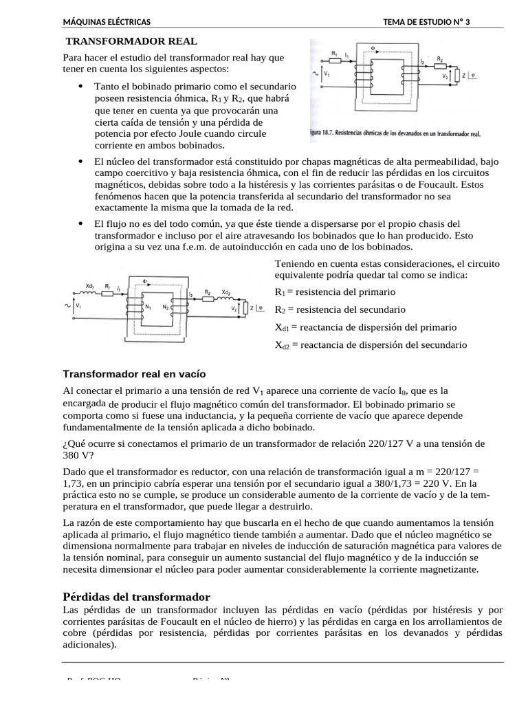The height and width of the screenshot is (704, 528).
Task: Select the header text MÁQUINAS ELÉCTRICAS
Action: (107, 23)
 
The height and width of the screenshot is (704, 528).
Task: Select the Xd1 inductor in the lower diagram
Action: (91, 293)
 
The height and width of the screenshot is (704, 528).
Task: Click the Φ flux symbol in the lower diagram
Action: (145, 280)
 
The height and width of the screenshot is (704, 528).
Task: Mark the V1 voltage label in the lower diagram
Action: (78, 305)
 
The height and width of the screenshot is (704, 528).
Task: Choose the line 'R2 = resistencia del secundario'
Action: (340, 309)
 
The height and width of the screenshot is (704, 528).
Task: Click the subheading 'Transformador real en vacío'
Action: (134, 374)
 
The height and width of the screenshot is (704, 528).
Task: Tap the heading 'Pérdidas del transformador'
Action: (136, 596)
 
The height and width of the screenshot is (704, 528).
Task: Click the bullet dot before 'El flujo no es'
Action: (80, 223)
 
